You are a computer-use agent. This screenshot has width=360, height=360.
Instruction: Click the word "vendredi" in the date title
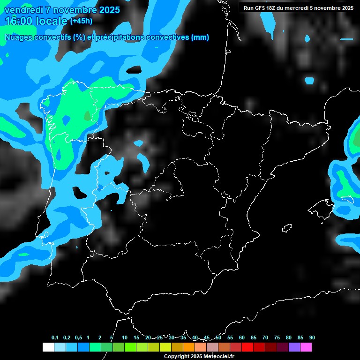[x=24, y=9]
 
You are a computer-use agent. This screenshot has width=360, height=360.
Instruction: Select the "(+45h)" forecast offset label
[x=81, y=21]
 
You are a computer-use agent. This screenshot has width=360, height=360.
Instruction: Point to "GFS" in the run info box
[x=261, y=8]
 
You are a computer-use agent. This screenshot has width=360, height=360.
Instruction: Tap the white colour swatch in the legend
[x=48, y=347]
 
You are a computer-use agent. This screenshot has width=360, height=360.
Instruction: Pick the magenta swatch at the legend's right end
[x=306, y=347]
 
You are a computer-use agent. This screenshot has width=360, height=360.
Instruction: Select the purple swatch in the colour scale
[x=294, y=347]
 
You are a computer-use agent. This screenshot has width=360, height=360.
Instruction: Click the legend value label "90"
[x=312, y=338]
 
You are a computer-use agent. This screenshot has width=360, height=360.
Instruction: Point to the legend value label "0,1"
[x=55, y=338]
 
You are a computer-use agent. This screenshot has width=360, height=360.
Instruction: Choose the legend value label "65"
[x=253, y=338]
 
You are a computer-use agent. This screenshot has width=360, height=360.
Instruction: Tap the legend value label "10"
[x=124, y=338]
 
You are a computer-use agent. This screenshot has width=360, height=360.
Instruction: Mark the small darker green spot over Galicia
[x=87, y=115]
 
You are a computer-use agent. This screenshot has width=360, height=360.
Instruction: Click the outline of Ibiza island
[x=287, y=228]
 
